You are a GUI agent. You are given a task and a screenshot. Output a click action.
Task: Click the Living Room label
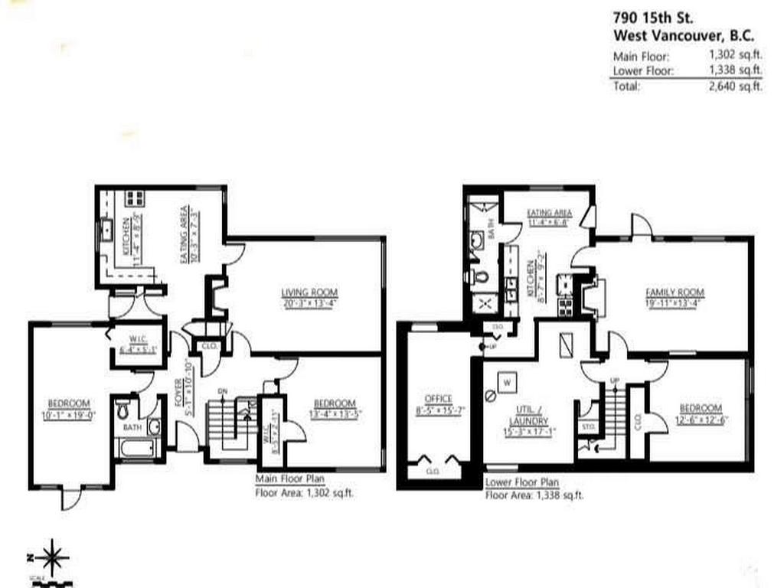(x=309, y=292)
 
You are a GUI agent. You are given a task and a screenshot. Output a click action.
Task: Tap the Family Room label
(x=675, y=292)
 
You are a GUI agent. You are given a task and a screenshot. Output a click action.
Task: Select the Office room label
(x=439, y=398)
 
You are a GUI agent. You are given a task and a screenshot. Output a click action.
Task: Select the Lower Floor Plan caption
(x=522, y=483)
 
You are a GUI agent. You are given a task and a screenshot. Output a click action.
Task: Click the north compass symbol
(x=51, y=557)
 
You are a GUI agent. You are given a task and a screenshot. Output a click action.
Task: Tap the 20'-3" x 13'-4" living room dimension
(x=309, y=302)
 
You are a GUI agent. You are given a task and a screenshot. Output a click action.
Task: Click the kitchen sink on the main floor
(x=107, y=227)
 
